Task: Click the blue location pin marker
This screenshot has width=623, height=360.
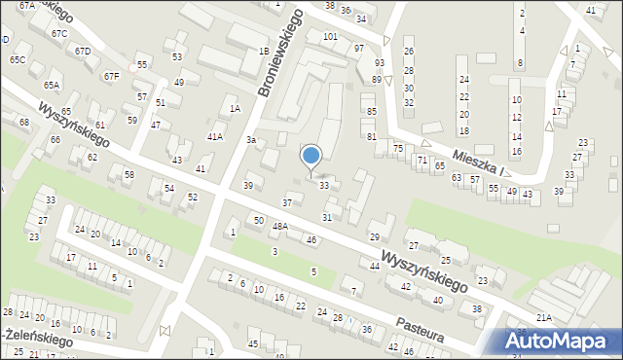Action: pos(311,157)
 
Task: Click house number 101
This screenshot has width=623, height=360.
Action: pos(331,37)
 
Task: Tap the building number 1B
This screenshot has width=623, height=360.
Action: pos(263,51)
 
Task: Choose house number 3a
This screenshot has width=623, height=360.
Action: pos(250,141)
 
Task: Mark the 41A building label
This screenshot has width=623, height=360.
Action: pos(215,137)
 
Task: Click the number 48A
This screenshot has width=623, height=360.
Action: pos(279,227)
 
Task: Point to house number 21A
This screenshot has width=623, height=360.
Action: pos(543,317)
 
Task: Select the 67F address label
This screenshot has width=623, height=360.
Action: pos(112,76)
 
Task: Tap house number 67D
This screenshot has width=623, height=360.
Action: pos(83,51)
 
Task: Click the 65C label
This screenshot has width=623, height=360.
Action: pos(18,59)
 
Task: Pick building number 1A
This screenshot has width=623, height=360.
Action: pos(234,109)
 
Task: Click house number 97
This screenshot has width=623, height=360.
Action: pos(359,48)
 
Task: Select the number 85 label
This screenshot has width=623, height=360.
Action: pos(371,112)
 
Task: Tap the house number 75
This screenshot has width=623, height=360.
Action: pos(398,147)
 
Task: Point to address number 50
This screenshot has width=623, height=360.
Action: pos(258,221)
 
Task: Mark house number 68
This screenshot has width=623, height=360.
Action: pos(23,123)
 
